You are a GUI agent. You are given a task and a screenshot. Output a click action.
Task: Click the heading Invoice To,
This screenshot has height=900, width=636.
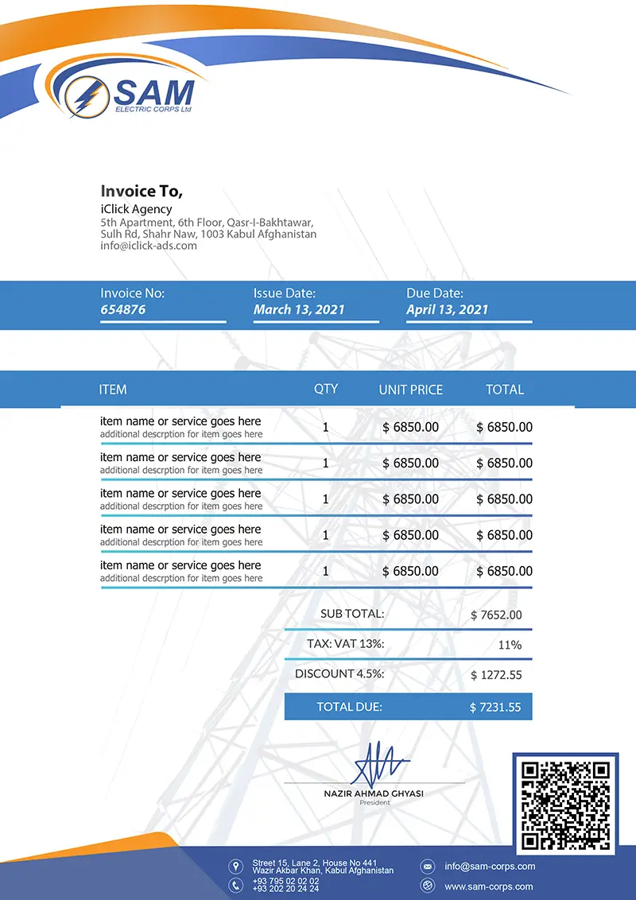click(x=142, y=191)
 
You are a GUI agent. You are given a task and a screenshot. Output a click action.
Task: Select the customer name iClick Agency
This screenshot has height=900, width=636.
click(x=136, y=209)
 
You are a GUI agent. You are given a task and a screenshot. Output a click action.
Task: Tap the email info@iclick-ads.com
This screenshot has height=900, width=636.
click(x=149, y=246)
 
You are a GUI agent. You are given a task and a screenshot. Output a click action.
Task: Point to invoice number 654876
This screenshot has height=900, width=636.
click(x=123, y=309)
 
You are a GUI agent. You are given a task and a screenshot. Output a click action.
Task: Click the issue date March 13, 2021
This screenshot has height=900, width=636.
click(x=299, y=309)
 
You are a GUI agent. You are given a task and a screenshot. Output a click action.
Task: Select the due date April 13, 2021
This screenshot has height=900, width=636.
click(x=447, y=309)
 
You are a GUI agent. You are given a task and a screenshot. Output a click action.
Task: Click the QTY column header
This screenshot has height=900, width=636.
click(x=326, y=389)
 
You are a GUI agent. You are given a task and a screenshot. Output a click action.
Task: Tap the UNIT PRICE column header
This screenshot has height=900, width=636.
click(x=411, y=390)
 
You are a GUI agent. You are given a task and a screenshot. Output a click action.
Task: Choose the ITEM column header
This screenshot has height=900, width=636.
click(x=113, y=390)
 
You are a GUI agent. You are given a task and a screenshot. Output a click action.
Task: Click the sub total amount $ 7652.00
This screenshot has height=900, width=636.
click(x=496, y=615)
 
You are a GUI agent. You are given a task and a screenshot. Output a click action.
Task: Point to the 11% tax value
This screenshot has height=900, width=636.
click(x=510, y=645)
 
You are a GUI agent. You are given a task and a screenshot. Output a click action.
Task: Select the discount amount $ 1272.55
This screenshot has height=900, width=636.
click(x=496, y=675)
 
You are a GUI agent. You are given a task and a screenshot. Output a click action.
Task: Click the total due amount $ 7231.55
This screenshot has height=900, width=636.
click(x=495, y=707)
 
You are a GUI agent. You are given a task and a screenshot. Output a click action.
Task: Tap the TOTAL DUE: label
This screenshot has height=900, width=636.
click(x=349, y=706)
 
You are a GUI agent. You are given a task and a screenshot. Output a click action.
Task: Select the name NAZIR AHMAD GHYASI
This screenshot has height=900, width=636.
click(x=374, y=793)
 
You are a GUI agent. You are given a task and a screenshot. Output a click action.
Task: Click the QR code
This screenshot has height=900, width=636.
click(x=565, y=805)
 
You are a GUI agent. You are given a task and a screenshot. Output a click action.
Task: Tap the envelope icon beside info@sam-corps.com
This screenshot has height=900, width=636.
click(x=427, y=866)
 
